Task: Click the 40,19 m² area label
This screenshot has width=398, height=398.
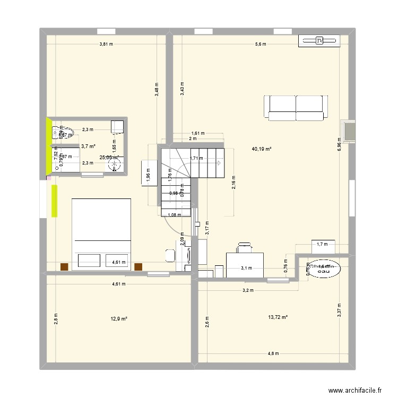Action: [262, 149]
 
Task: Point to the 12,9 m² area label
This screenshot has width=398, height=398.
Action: [119, 318]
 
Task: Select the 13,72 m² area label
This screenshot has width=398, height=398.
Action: [278, 317]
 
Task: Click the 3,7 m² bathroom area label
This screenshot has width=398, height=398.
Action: [88, 146]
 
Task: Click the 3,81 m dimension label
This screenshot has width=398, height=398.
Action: [106, 44]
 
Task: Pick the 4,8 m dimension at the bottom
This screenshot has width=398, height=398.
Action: [272, 353]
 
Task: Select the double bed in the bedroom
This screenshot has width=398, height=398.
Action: [101, 233]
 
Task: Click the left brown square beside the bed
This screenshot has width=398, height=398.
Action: [64, 267]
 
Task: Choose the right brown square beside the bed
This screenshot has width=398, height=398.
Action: [139, 267]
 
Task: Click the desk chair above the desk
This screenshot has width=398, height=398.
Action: [244, 247]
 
